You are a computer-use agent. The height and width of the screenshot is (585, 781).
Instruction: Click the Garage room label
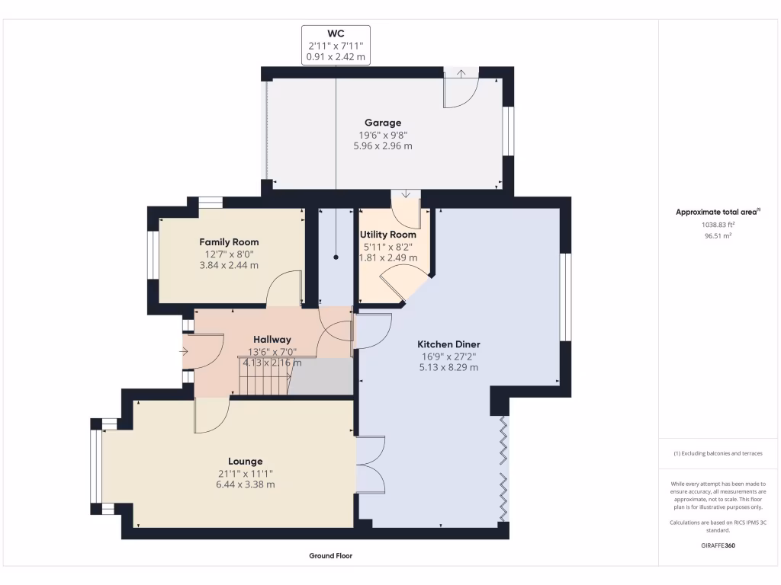382,123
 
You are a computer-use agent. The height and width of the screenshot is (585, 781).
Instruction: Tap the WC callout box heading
336,34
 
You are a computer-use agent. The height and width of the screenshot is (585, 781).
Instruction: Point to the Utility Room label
388,235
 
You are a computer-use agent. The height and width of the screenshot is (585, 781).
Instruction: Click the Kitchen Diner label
448,344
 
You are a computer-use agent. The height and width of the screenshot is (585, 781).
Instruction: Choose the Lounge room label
245,461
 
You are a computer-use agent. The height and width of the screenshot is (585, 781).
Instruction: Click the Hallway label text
272,339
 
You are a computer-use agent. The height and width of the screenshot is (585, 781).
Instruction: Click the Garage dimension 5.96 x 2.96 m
382,145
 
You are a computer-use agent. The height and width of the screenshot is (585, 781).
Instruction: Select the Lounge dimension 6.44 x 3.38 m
245,484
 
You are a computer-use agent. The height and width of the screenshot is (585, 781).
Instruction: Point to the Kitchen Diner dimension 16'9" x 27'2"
448,356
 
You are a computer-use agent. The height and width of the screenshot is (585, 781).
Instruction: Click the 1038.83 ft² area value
718,225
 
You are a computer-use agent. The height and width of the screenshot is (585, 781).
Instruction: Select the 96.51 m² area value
718,236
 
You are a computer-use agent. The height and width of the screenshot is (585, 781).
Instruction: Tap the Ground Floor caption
330,556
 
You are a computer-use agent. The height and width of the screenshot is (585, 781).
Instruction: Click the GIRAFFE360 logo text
718,545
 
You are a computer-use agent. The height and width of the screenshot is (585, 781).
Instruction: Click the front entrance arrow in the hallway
183,352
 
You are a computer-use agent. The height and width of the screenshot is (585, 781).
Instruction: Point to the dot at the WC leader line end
336,258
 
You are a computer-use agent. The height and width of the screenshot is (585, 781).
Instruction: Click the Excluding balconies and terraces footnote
718,453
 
